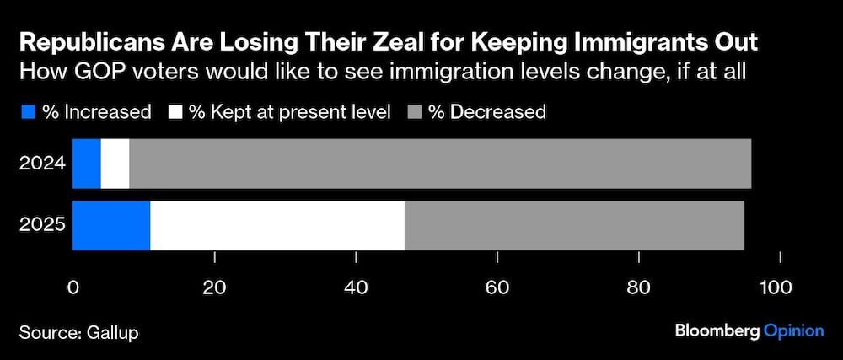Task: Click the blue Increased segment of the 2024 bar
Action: [87, 164]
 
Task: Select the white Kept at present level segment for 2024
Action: [115, 164]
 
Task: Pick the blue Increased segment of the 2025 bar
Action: [111, 226]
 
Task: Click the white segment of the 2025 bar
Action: [277, 226]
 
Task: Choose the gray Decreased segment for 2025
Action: [574, 226]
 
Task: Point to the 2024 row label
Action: [42, 164]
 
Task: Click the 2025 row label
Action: [42, 226]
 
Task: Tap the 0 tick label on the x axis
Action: [73, 287]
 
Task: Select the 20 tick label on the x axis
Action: [215, 287]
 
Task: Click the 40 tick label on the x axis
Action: [357, 287]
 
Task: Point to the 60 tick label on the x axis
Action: [499, 287]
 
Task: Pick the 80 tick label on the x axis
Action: [641, 287]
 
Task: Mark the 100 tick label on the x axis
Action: [776, 287]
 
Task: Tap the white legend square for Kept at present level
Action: [177, 111]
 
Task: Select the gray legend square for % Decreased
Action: [416, 111]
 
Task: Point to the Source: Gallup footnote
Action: [78, 332]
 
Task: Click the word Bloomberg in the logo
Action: [717, 330]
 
